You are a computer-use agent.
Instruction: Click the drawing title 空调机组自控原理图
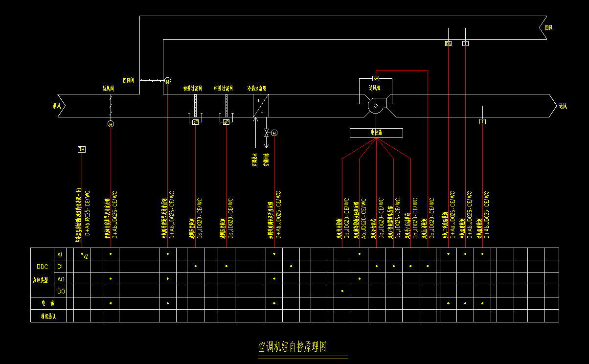(x=292, y=347)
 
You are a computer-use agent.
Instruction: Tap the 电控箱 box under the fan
(x=376, y=133)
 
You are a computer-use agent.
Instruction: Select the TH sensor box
(x=82, y=149)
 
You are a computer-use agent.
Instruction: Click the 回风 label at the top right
(x=549, y=28)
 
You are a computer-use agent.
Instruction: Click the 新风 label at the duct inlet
(x=58, y=105)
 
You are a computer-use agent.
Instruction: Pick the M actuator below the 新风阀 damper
(x=111, y=124)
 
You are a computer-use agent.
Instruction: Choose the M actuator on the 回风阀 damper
(x=167, y=81)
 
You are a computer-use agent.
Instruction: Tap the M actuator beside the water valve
(x=274, y=133)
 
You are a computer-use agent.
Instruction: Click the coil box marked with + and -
(x=261, y=106)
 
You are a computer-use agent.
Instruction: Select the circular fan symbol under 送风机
(x=376, y=106)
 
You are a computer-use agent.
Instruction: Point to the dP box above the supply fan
(x=376, y=78)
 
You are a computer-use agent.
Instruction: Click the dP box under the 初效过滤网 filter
(x=195, y=121)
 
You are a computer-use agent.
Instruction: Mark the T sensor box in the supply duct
(x=482, y=121)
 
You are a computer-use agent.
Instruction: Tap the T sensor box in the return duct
(x=465, y=44)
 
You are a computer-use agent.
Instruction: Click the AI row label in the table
(x=60, y=254)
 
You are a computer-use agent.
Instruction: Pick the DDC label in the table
(x=43, y=267)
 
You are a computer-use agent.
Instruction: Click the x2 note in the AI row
(x=85, y=256)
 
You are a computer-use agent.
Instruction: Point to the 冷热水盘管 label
(x=256, y=89)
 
